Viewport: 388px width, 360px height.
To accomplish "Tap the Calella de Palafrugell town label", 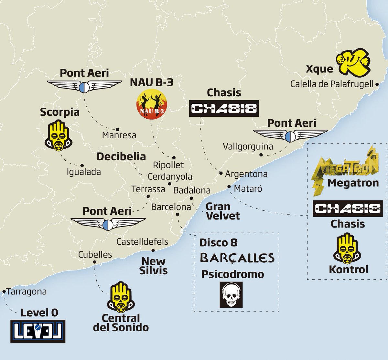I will click(332, 84).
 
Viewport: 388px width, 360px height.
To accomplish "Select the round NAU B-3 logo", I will click(151, 103).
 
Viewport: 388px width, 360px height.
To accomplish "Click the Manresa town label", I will click(119, 135).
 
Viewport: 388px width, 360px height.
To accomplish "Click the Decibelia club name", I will click(121, 156).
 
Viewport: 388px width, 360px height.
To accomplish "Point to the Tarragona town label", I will click(26, 291).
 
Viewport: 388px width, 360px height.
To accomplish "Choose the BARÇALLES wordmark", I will click(237, 258).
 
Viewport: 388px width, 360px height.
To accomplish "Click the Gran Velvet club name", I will click(223, 211).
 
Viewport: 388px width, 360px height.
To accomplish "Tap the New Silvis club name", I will click(153, 266).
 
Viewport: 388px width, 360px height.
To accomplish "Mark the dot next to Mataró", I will click(229, 186).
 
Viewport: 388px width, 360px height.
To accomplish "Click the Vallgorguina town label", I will click(248, 146).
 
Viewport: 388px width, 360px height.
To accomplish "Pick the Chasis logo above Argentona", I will click(224, 109).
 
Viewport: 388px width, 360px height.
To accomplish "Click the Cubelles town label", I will click(95, 254).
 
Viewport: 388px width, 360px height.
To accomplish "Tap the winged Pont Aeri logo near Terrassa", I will click(108, 223).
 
